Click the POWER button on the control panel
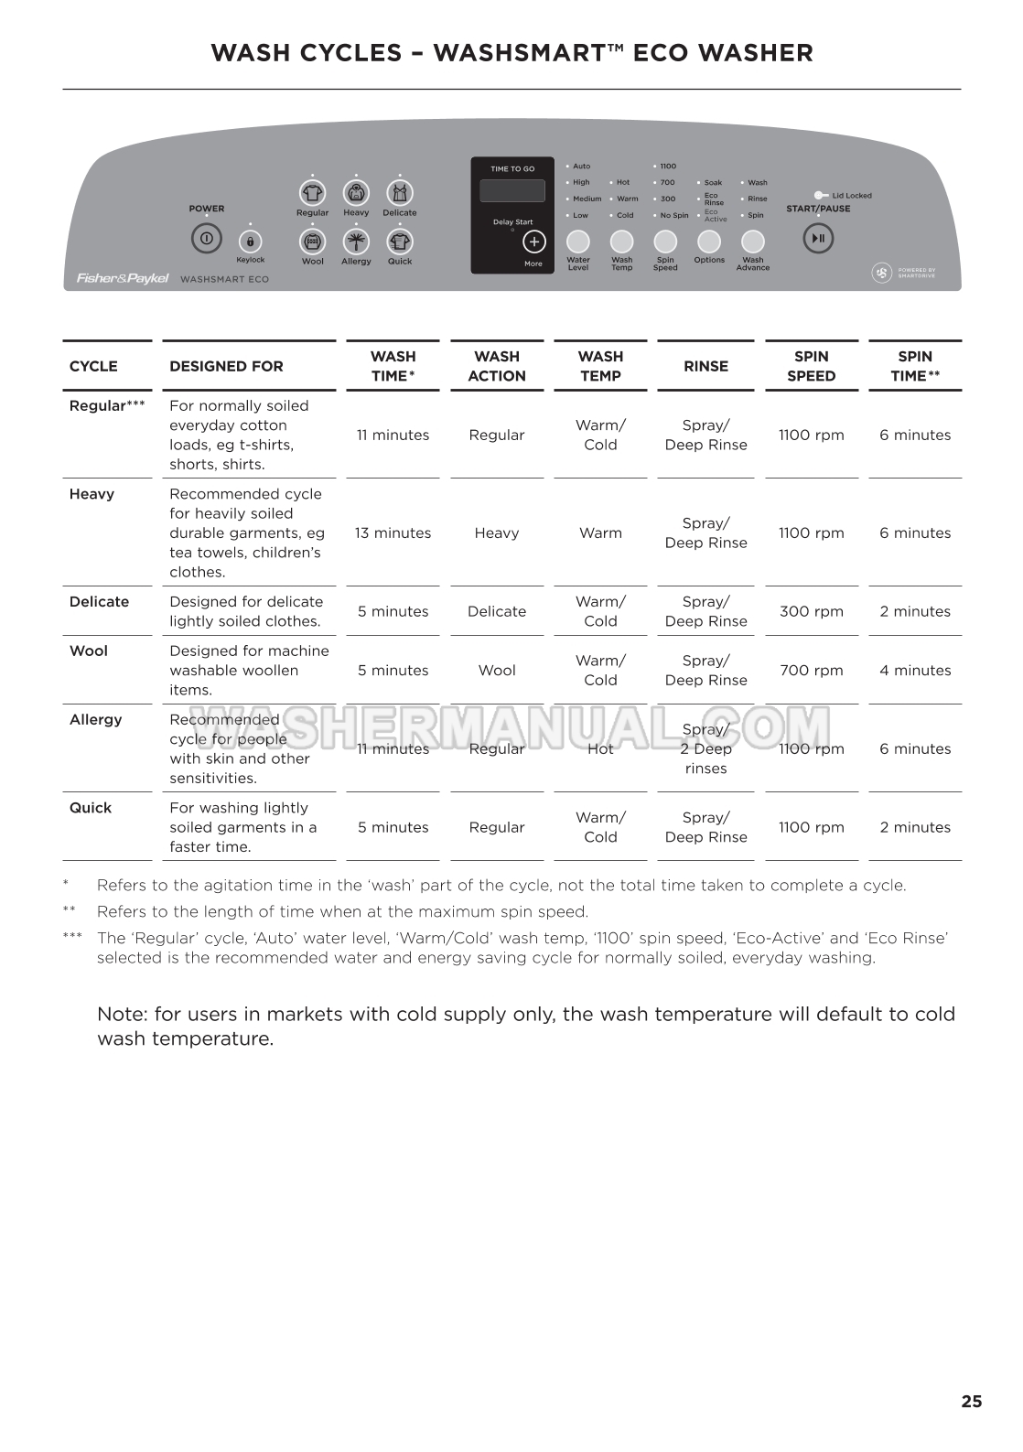coord(206,239)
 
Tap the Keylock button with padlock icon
coord(250,242)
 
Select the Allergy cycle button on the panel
coord(356,242)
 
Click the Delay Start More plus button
coord(533,242)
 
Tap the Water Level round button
coord(578,242)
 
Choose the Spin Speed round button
coord(665,242)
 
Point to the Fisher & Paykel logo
coord(122,278)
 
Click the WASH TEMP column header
coord(600,366)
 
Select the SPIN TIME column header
coord(915,366)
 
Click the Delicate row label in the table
coord(99,602)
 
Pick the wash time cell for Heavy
coord(393,532)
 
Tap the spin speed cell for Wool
coord(811,671)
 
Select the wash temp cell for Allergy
coord(600,748)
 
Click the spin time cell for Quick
coord(915,827)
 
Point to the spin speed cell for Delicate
coord(811,611)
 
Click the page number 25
coord(971,1401)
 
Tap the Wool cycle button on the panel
coord(313,242)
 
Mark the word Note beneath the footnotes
coord(122,1014)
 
